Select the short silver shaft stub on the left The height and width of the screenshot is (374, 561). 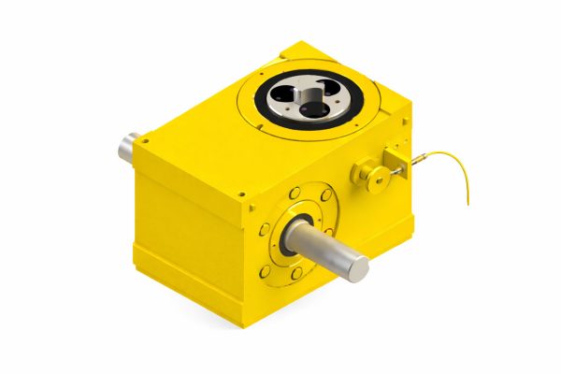(128, 147)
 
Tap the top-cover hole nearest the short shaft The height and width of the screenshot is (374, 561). (147, 137)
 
